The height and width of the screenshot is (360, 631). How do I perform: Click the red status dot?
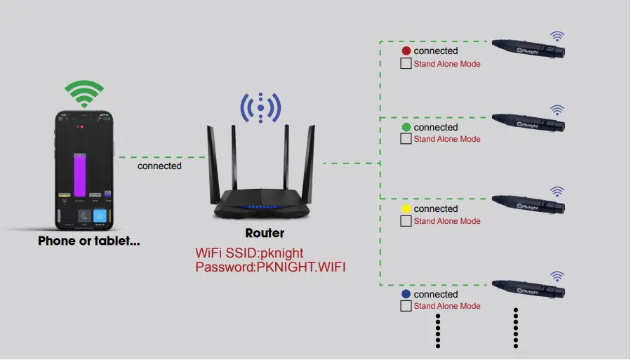tap(406, 51)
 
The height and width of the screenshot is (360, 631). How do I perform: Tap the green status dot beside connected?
tap(406, 127)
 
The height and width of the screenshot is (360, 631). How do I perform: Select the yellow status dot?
tap(406, 209)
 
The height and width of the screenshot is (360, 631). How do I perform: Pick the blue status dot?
tap(406, 294)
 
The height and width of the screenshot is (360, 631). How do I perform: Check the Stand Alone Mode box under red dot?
tap(406, 64)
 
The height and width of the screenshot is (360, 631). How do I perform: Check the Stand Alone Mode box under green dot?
tap(406, 139)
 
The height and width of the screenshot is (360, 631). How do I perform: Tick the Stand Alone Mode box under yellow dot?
tap(406, 221)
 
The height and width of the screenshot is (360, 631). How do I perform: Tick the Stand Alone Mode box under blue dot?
tap(406, 306)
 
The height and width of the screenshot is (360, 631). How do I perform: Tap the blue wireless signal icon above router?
tap(260, 107)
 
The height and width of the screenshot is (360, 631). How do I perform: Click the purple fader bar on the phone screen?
tap(80, 175)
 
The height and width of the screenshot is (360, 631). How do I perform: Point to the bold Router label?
tap(265, 233)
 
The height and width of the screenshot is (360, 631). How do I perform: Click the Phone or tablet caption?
tap(88, 241)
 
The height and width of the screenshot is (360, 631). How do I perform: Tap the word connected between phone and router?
tap(159, 166)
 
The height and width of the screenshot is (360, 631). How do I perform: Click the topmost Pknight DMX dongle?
tap(529, 47)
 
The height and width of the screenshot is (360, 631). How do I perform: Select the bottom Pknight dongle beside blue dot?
tap(529, 287)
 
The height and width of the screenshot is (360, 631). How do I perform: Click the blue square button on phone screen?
tap(101, 216)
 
